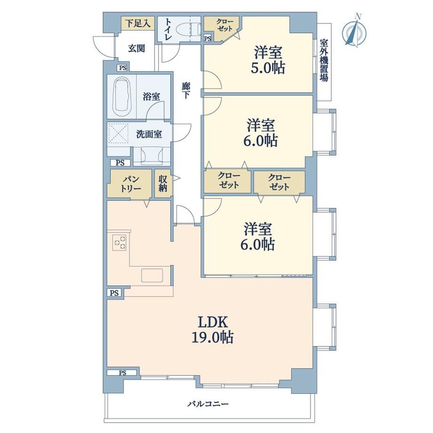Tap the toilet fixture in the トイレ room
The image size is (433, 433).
coord(188,29)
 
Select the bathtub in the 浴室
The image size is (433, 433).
coord(121,96)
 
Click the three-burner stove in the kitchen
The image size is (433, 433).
coord(120,242)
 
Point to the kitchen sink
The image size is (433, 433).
coord(152,275)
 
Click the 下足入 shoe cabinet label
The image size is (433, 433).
coord(138,24)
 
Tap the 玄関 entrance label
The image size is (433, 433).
coord(136,48)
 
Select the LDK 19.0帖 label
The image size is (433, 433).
coord(213,330)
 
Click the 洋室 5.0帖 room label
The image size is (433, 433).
coord(268,60)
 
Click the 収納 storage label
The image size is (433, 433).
coord(163,184)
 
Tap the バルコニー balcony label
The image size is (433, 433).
coord(208,404)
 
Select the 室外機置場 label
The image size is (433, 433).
coord(324,60)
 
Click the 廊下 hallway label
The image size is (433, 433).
coord(186,90)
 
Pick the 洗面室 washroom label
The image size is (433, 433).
coord(149,134)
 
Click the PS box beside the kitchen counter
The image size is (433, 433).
coord(114,293)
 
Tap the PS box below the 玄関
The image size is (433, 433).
coord(123,68)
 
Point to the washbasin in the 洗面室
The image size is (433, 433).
coord(152,156)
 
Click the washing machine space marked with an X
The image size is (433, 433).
coord(119,133)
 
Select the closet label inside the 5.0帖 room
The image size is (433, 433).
coord(224,25)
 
